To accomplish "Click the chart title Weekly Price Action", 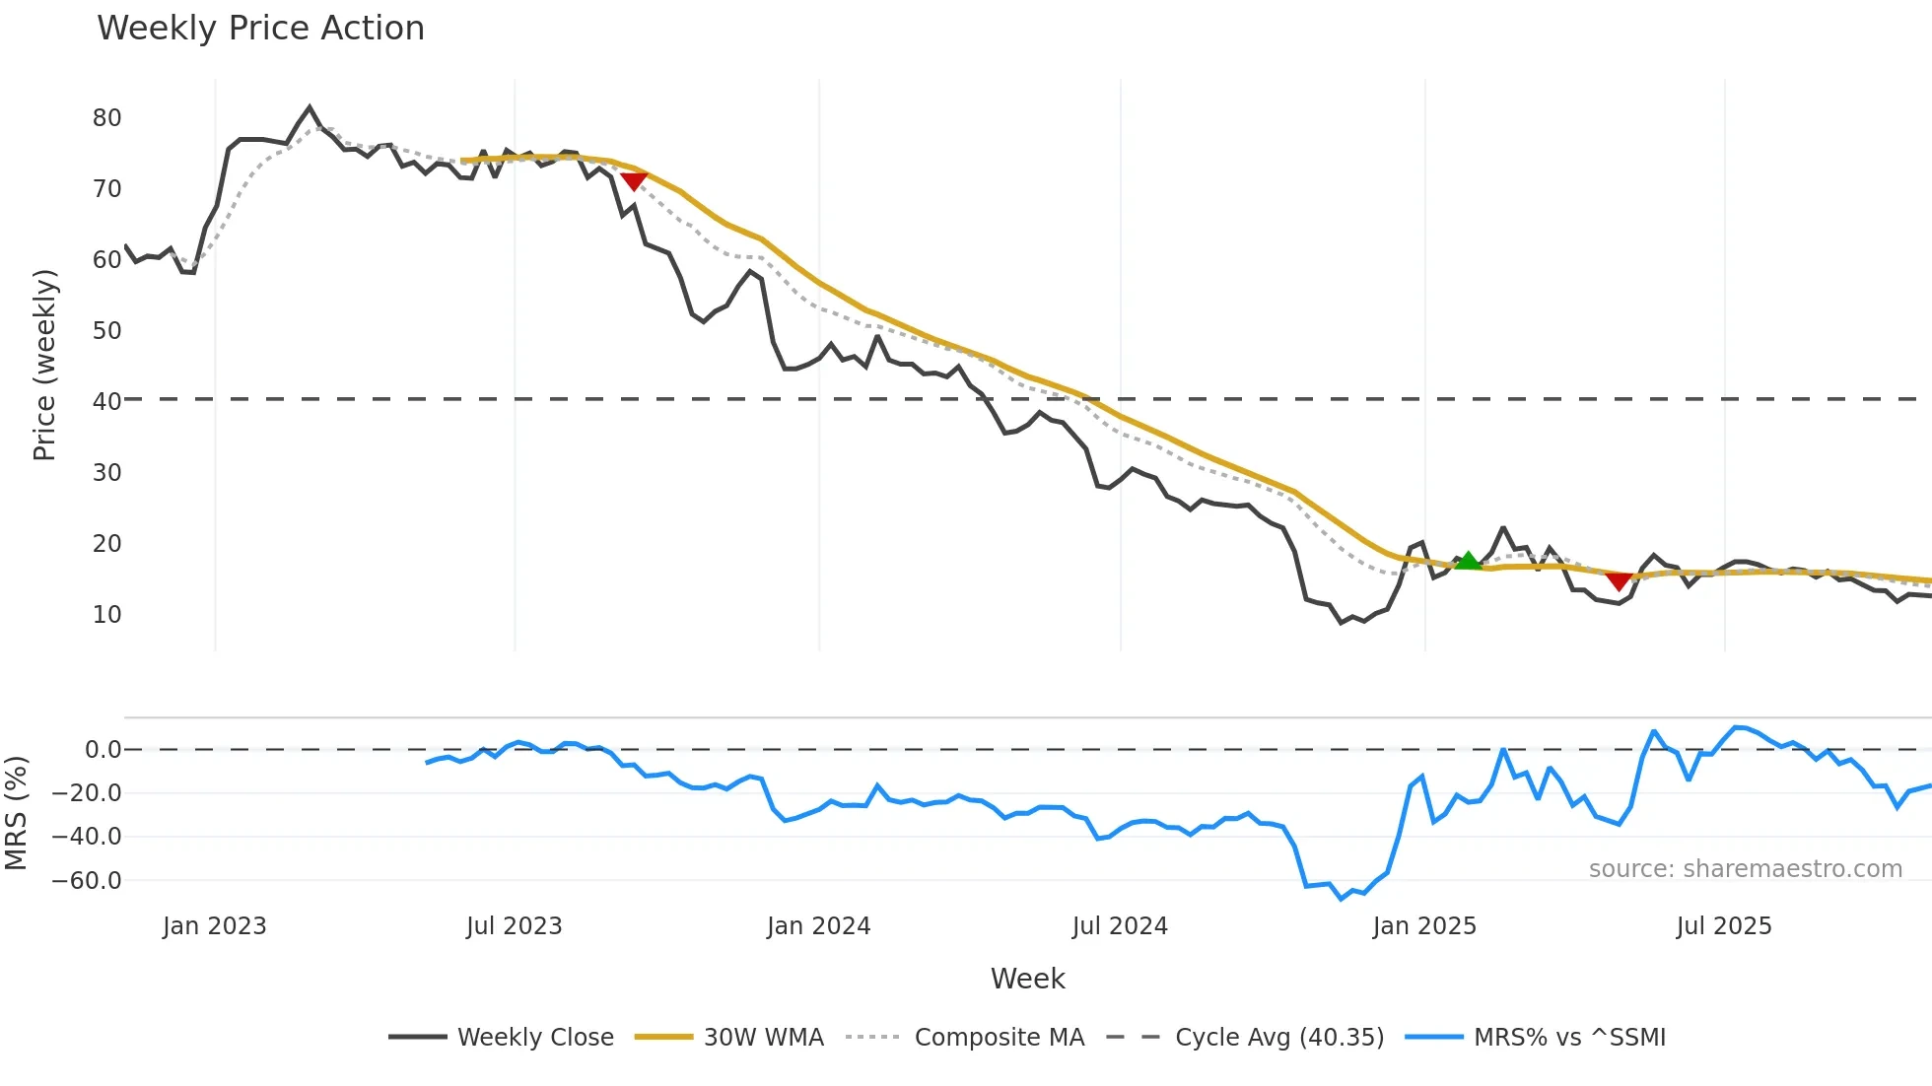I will (260, 29).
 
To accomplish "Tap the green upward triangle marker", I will (1468, 561).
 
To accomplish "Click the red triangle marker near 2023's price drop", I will (634, 180).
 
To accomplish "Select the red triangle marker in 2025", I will (1619, 581).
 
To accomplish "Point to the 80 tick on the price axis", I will (106, 118).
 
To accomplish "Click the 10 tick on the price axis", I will (106, 615).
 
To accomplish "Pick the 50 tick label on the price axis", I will (106, 331).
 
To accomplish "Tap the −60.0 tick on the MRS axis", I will (88, 881).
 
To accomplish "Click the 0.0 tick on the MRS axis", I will (103, 750).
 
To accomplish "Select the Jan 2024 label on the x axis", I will (818, 926).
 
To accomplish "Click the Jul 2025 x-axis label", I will (1723, 926).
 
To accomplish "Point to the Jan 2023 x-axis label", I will (214, 926).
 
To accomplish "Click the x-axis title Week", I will (1027, 979).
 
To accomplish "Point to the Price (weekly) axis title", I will (44, 366).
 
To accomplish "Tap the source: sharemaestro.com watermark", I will (1745, 869).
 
